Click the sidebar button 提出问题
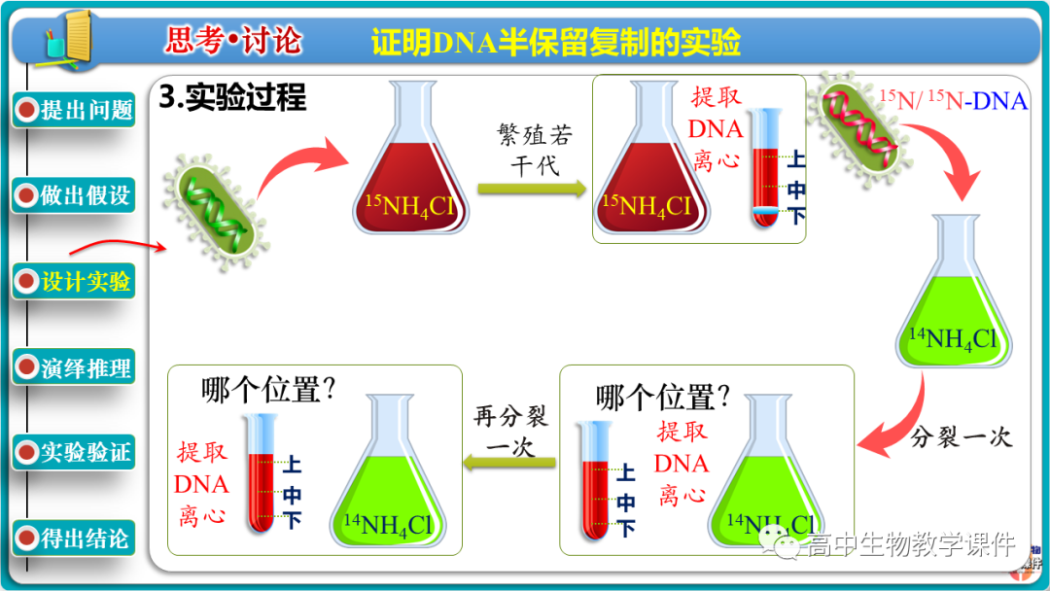[x=75, y=110]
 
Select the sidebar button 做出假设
[x=75, y=195]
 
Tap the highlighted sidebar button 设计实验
[x=75, y=282]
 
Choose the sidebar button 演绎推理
[x=75, y=368]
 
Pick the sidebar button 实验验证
[x=75, y=453]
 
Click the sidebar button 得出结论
[x=75, y=539]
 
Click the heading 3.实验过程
[x=232, y=97]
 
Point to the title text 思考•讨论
[x=233, y=41]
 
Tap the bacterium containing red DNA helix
[x=861, y=133]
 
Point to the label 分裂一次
[x=962, y=437]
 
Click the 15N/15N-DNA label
[x=953, y=100]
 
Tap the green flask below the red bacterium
[x=954, y=296]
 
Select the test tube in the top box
[x=767, y=167]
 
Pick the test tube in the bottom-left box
[x=260, y=473]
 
